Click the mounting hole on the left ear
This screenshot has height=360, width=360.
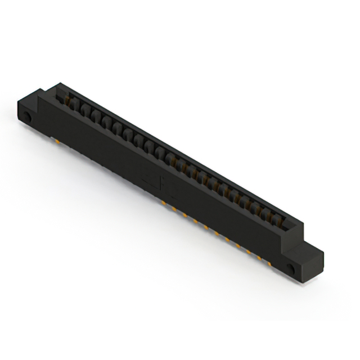pos(27,119)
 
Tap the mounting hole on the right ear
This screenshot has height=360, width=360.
pos(291,269)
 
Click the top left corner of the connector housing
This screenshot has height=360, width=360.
pos(55,84)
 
